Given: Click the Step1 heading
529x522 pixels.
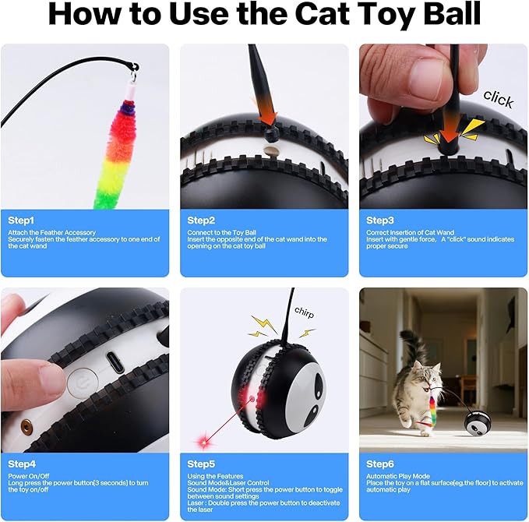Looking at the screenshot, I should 22,220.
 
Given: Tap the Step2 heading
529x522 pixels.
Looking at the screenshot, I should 201,220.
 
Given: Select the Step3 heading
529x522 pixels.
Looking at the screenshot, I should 380,220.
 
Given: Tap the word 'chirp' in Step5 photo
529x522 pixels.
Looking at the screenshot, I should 305,311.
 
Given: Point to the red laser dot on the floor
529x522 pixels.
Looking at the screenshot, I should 206,441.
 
